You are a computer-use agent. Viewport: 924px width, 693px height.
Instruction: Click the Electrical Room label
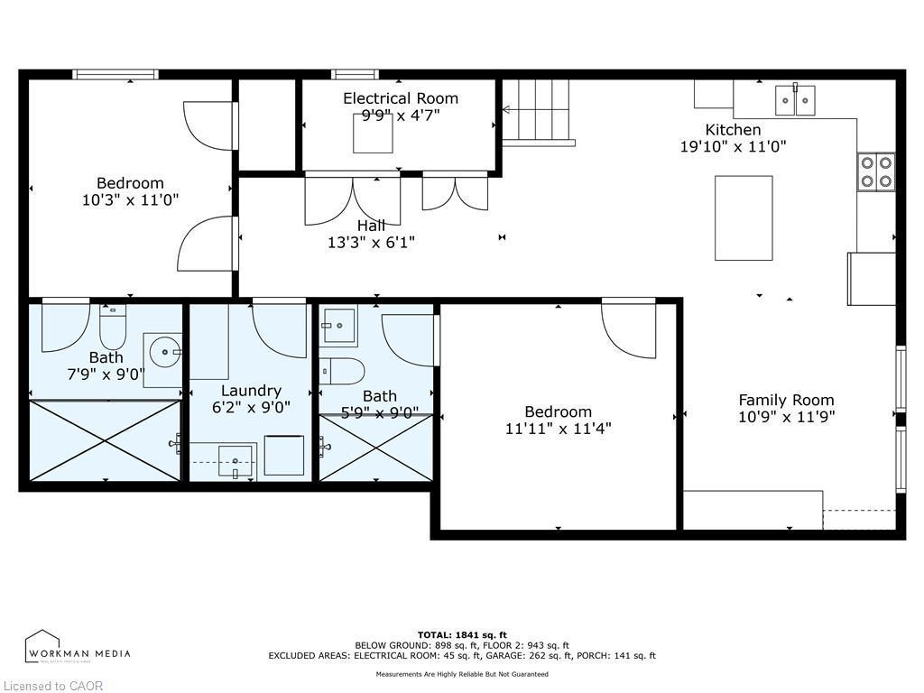point(400,98)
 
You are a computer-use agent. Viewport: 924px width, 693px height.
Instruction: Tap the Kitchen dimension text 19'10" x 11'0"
point(733,146)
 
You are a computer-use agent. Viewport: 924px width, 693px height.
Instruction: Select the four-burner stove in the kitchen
point(875,171)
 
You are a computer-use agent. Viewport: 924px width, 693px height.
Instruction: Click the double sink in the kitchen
point(796,100)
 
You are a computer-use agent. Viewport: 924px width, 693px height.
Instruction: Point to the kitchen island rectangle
point(744,217)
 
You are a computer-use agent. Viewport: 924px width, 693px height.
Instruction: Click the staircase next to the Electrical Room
point(538,111)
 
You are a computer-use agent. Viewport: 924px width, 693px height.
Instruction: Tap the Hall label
point(371,226)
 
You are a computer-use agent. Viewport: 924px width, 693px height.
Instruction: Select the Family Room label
point(786,400)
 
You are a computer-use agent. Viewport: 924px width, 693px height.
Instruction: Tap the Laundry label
point(251,391)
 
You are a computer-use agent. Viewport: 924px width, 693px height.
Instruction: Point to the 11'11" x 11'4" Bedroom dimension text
point(558,429)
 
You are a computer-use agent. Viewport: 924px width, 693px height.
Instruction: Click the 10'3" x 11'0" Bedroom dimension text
point(130,200)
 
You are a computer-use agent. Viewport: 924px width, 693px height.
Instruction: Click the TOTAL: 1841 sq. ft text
point(461,634)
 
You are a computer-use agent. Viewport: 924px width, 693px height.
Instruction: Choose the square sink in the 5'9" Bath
point(339,326)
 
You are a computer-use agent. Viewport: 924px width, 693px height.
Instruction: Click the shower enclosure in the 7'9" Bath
point(106,440)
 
